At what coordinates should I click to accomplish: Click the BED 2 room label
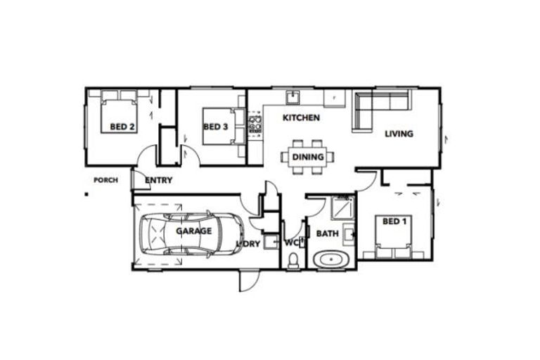point(122,127)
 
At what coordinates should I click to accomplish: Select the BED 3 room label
point(215,127)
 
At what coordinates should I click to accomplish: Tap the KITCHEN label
point(301,118)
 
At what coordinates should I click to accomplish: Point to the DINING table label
point(308,157)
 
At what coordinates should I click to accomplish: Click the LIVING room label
point(399,134)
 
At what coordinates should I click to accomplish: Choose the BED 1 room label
point(394,221)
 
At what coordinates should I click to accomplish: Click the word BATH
point(327,233)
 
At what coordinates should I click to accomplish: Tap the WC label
point(292,243)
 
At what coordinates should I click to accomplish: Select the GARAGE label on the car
point(193,231)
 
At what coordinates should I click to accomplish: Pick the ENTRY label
point(158,181)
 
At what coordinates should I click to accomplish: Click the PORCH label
point(105,180)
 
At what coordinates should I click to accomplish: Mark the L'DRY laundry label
point(249,243)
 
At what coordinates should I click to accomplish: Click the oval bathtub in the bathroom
point(330,259)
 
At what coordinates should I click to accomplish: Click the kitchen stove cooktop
point(255,125)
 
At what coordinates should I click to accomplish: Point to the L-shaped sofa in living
point(373,105)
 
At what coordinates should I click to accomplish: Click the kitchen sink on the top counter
point(293,98)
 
